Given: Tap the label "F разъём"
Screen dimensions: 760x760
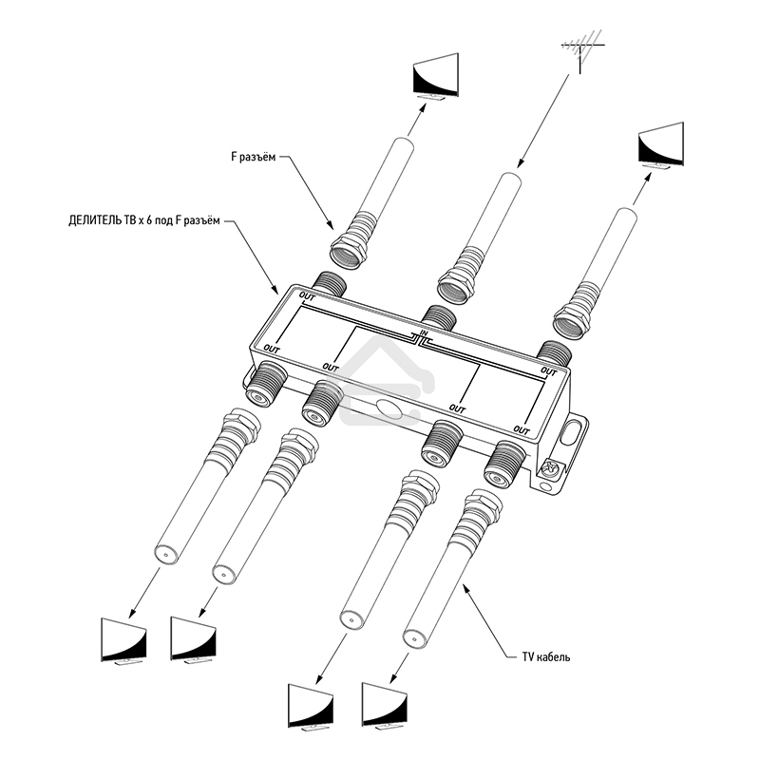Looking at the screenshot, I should pyautogui.click(x=253, y=159).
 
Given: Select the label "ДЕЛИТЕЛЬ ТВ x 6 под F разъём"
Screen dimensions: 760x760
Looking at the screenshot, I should pyautogui.click(x=143, y=221).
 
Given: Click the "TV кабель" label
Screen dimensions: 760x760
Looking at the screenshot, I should pyautogui.click(x=545, y=656).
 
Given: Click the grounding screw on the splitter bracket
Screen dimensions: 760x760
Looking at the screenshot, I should pyautogui.click(x=548, y=468).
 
